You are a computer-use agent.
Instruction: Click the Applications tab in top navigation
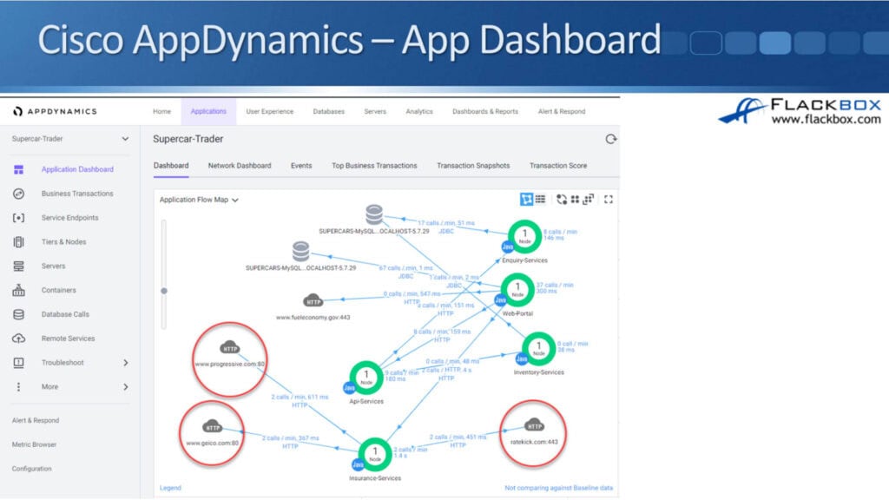pyautogui.click(x=208, y=111)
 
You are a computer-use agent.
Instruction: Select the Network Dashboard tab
pyautogui.click(x=240, y=165)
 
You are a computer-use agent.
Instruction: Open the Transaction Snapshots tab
pyautogui.click(x=473, y=165)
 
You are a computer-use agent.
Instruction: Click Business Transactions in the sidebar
pyautogui.click(x=77, y=194)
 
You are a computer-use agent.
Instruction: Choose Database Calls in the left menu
pyautogui.click(x=65, y=314)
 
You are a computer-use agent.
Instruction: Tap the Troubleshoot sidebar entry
pyautogui.click(x=63, y=363)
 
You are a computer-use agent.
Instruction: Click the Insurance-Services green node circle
pyautogui.click(x=375, y=453)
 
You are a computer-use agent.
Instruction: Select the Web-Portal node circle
pyautogui.click(x=518, y=288)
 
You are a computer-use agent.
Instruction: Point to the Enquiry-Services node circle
pyautogui.click(x=524, y=235)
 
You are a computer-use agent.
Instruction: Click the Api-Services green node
pyautogui.click(x=365, y=377)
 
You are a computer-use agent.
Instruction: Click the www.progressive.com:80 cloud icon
pyautogui.click(x=230, y=348)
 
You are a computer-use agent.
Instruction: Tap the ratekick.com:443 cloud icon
pyautogui.click(x=534, y=425)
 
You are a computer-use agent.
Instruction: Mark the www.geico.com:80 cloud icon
pyautogui.click(x=212, y=426)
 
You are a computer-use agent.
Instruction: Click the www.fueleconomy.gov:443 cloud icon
pyautogui.click(x=313, y=301)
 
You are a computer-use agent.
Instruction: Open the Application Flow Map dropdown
pyautogui.click(x=199, y=200)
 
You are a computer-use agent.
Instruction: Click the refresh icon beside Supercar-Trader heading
pyautogui.click(x=610, y=139)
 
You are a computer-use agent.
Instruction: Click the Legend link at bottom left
pyautogui.click(x=170, y=488)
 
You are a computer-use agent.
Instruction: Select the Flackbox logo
pyautogui.click(x=799, y=112)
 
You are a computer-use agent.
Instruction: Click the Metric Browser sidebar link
pyautogui.click(x=34, y=444)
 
